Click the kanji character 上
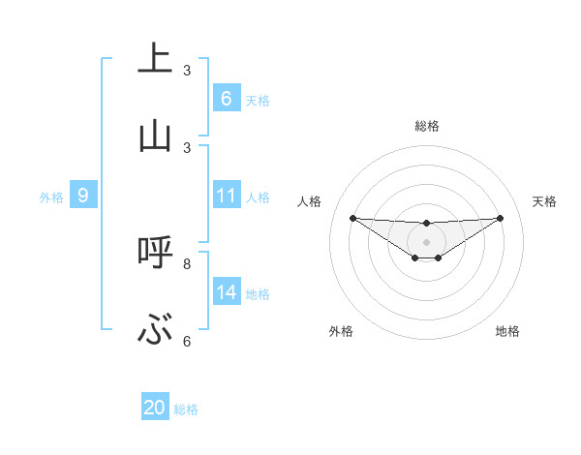coord(154,59)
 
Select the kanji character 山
coord(154,136)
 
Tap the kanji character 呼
coord(154,253)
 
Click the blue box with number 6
coord(226,99)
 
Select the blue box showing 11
coord(226,196)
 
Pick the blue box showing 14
coord(226,292)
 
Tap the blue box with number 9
coord(83,196)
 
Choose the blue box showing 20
coord(154,408)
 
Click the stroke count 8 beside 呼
coord(187,263)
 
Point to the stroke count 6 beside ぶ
coord(187,341)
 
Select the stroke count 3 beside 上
coord(187,71)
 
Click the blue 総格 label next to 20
coord(186,409)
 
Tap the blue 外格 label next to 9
coord(51,197)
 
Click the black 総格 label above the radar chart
coord(426,126)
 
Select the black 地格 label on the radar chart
coord(507,331)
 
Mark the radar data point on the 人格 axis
coord(352,218)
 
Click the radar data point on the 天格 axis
coord(500,218)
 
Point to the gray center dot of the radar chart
coord(426,241)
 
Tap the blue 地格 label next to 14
coord(258,293)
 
